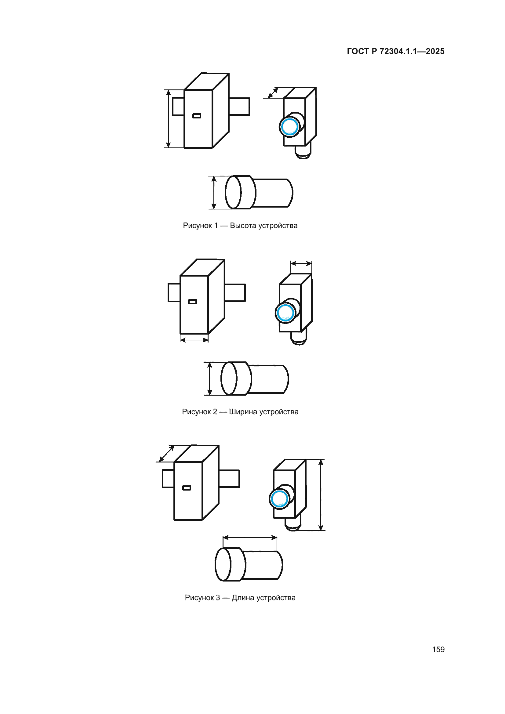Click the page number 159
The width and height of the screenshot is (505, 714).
point(438,649)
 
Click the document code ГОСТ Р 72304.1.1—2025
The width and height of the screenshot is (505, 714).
point(395,51)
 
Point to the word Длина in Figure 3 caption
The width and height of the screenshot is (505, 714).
point(242,597)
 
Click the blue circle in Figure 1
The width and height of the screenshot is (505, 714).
point(289,127)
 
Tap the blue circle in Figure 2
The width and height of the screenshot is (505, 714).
point(285,313)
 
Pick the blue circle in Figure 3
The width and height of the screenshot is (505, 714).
point(279,499)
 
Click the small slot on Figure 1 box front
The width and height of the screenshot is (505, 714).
point(197,116)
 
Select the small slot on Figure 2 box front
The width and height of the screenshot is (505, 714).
point(192,302)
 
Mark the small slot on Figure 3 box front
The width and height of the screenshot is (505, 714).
point(186,487)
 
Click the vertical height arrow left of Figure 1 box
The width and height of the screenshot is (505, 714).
point(168,119)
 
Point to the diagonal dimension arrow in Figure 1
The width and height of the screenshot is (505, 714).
point(273,93)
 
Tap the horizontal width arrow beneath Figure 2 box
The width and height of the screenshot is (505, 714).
point(194,340)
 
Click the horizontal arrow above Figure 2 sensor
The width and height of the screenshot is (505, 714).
point(301,264)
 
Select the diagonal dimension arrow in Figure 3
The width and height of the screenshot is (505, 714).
point(167,454)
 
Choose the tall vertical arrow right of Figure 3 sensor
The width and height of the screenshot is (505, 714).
point(321,495)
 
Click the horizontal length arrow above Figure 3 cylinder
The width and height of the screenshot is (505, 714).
point(250,537)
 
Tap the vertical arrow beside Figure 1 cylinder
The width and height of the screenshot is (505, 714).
point(214,193)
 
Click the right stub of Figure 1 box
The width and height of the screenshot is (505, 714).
point(239,107)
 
